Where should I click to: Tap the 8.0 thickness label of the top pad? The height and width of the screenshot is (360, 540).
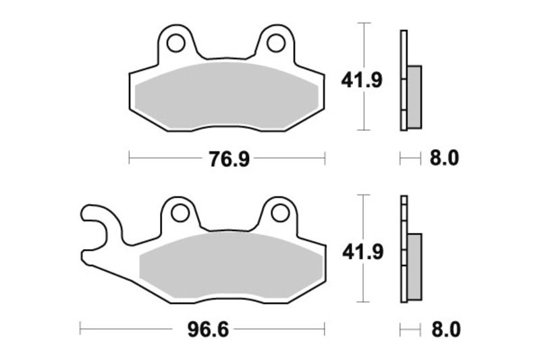(444, 159)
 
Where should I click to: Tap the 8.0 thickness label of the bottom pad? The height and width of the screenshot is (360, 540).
(444, 330)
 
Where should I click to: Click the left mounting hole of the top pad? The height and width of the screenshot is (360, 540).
(177, 43)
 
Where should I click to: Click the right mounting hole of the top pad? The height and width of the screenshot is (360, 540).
(275, 43)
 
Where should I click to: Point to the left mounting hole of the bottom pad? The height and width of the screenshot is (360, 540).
(180, 213)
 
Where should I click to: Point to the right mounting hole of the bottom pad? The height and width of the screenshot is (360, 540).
(279, 213)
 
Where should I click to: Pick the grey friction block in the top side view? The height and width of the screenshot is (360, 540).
(414, 97)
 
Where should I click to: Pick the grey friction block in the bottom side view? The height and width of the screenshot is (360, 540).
(414, 266)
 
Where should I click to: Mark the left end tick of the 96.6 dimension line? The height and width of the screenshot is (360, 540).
(80, 330)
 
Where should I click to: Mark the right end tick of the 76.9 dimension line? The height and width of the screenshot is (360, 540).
(325, 159)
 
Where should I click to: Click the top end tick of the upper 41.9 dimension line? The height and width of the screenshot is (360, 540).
(364, 23)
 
